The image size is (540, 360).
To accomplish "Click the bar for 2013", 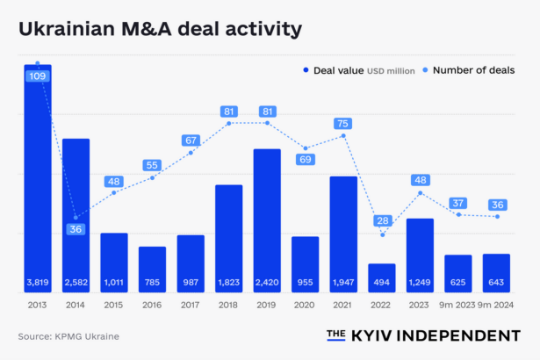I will pyautogui.click(x=37, y=176).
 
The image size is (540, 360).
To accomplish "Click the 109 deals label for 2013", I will pyautogui.click(x=38, y=76).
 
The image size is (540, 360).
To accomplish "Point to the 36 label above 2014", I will pyautogui.click(x=76, y=230).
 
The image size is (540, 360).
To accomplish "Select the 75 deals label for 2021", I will pyautogui.click(x=343, y=124).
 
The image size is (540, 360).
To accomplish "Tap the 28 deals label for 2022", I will pyautogui.click(x=382, y=220).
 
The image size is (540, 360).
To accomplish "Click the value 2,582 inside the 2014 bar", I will pyautogui.click(x=76, y=283).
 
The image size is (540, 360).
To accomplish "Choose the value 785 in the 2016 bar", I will pyautogui.click(x=152, y=283).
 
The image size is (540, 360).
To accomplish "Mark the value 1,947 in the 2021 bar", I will pyautogui.click(x=343, y=283).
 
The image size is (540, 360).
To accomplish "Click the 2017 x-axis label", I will pyautogui.click(x=191, y=305).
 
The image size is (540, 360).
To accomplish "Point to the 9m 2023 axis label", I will pyautogui.click(x=457, y=305).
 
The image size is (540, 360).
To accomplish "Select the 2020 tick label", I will pyautogui.click(x=306, y=305).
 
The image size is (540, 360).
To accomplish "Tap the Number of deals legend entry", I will pyautogui.click(x=473, y=70).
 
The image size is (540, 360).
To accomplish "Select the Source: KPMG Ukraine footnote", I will pyautogui.click(x=68, y=336).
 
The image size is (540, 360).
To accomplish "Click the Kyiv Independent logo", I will pyautogui.click(x=423, y=335).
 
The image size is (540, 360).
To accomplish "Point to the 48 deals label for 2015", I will pyautogui.click(x=114, y=182).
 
